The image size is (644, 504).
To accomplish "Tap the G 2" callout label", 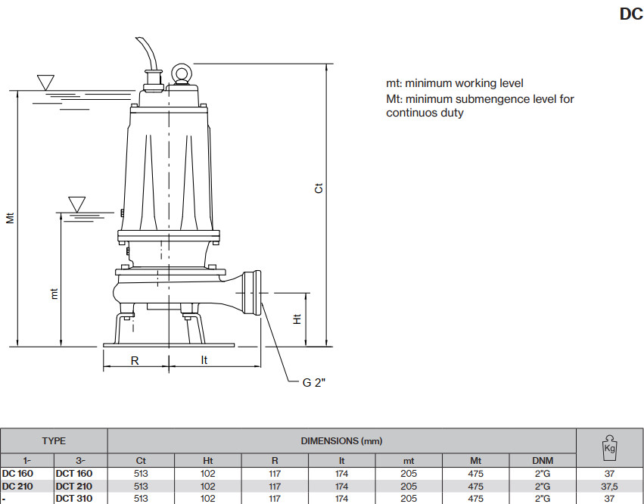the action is point(314,382).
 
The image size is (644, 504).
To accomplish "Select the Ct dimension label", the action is point(319,188).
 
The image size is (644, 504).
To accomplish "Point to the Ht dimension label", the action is point(297,319).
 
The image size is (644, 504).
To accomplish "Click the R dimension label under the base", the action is point(135,361).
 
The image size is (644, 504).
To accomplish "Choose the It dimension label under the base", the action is point(204,360).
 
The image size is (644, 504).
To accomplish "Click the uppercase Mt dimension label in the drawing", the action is point(11,218).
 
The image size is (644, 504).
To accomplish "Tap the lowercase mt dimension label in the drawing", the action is point(54,294).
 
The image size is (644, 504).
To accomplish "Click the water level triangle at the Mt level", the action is point(45,82).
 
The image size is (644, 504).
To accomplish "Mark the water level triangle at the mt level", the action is point(76,204).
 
